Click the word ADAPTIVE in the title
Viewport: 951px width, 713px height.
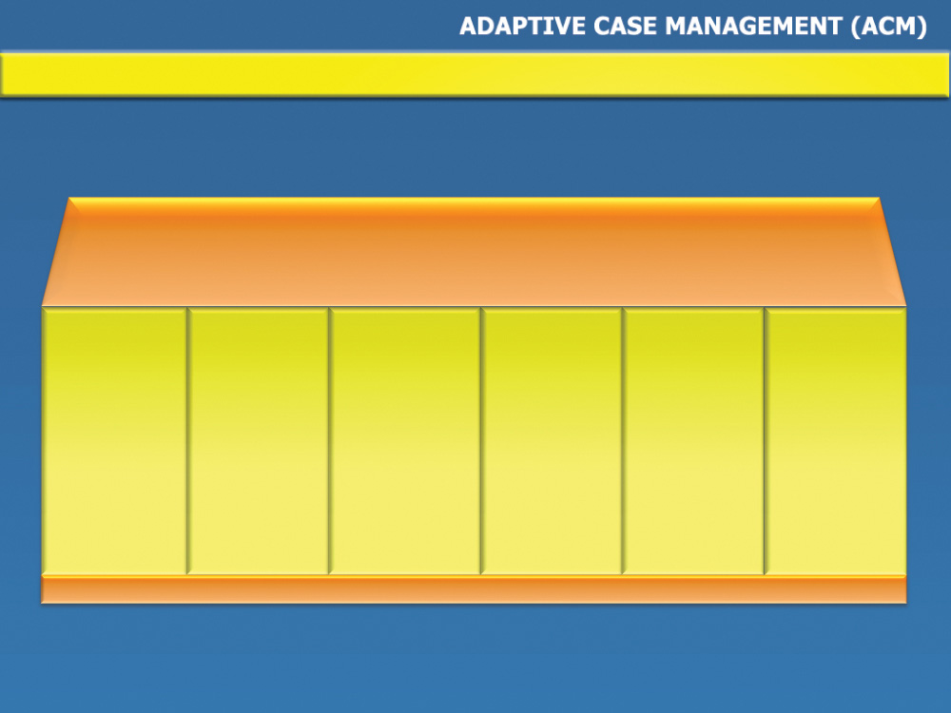point(523,26)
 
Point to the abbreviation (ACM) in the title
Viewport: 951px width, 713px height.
point(888,27)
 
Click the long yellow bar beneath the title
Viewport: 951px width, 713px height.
point(475,74)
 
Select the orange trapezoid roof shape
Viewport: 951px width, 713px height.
point(474,252)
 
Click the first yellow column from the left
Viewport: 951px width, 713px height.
point(114,441)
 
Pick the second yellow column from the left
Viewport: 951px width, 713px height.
point(258,441)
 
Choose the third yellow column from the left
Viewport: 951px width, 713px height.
point(404,441)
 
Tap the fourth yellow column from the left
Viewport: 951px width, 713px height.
point(552,441)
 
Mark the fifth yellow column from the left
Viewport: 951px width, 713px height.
point(693,441)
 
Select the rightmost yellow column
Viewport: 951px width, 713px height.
point(836,441)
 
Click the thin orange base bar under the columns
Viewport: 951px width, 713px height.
point(474,589)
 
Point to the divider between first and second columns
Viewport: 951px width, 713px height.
point(187,441)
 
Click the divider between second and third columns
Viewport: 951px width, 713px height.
point(329,441)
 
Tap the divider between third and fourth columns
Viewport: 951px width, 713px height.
point(481,441)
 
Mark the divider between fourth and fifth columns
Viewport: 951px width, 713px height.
point(623,441)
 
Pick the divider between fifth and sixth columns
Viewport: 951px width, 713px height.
point(765,441)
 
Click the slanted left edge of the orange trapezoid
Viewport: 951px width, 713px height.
point(56,252)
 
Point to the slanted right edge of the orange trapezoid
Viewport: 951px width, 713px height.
point(893,252)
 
